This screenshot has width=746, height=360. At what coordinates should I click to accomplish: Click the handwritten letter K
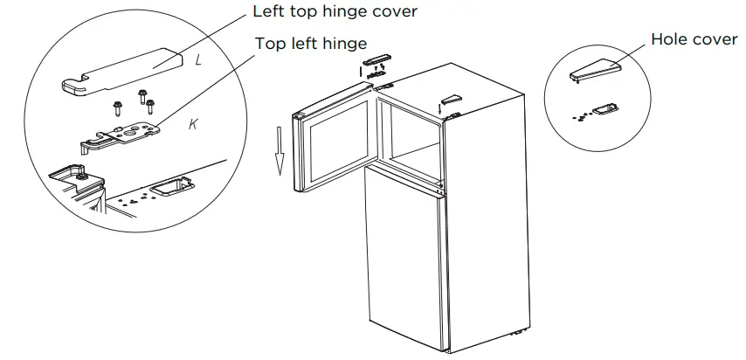click(194, 124)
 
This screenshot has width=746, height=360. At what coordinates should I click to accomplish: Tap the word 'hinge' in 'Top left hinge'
click(342, 42)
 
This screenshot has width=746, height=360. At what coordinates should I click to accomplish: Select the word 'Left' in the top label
click(269, 12)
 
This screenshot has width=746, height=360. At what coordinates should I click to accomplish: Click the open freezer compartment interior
click(411, 131)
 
